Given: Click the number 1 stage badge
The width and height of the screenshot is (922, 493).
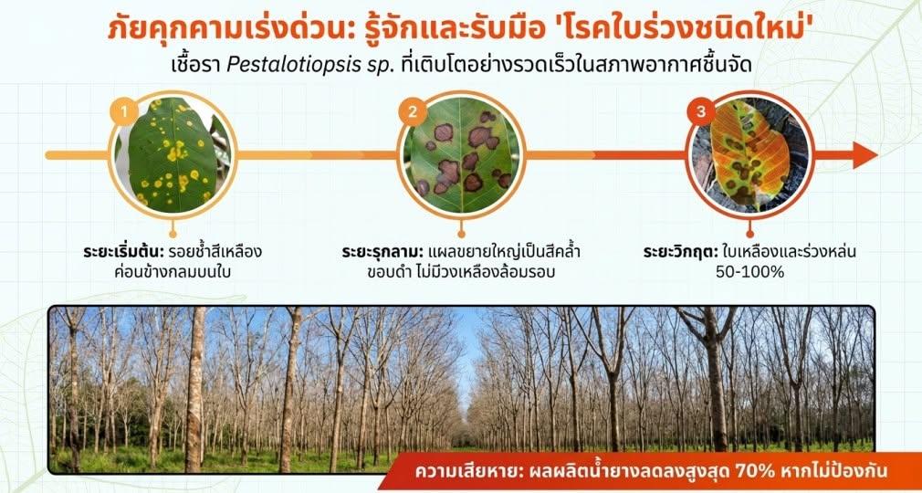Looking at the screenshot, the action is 124,111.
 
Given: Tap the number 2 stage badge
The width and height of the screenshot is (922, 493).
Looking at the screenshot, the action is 413,111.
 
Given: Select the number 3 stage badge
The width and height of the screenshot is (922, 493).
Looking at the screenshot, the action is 700,111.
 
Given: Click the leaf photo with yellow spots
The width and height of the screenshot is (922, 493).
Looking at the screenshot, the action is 173,155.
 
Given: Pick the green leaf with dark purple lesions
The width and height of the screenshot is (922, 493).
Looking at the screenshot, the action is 461,155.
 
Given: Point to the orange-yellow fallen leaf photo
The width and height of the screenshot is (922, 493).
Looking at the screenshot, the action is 749,155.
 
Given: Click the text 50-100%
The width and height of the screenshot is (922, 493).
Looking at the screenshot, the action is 749,272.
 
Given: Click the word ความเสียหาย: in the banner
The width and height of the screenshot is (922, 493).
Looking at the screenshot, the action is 453,472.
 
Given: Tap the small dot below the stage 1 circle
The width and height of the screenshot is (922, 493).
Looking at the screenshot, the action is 173,234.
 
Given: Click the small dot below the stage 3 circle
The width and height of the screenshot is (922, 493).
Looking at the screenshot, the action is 749,234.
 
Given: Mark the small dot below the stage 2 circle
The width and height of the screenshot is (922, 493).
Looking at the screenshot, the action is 461,234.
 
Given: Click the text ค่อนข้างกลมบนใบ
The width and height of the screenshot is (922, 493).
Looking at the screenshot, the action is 173,273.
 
